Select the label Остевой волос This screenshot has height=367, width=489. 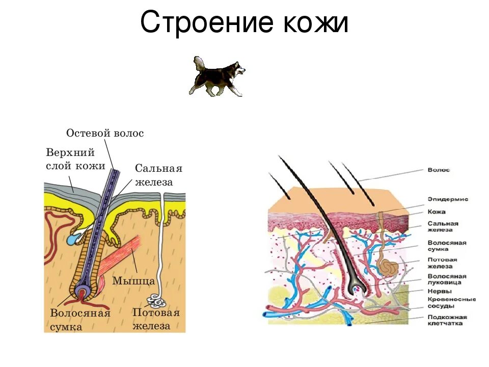click(105, 134)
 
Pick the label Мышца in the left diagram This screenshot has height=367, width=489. click(133, 281)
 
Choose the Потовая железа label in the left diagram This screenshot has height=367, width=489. click(156, 319)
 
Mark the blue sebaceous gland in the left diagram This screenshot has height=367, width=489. click(74, 237)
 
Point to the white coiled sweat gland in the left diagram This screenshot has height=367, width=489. click(154, 301)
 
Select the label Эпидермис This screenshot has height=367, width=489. click(448, 199)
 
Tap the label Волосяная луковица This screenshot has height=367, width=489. click(445, 279)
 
